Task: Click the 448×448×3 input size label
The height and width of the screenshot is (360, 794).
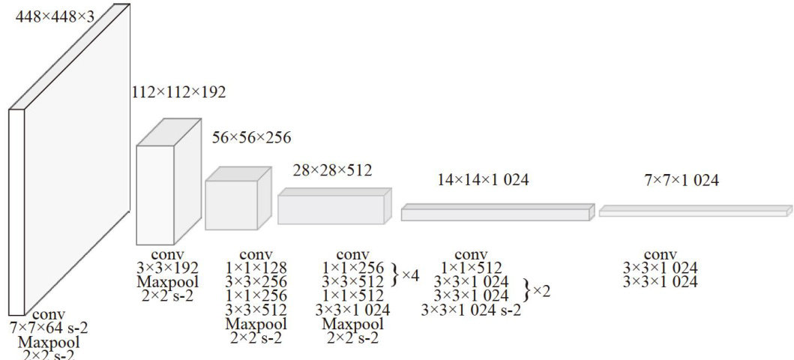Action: [55, 14]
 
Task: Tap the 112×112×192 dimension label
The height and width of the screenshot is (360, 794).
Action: [178, 92]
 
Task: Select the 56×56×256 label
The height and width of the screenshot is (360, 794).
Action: [251, 137]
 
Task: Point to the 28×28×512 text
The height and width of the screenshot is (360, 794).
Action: [332, 170]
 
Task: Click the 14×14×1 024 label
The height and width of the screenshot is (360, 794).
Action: [484, 180]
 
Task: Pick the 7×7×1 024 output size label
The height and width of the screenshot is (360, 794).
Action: [682, 180]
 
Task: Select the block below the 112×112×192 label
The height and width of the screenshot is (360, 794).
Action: [154, 195]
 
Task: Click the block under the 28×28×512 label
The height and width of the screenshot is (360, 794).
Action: [331, 209]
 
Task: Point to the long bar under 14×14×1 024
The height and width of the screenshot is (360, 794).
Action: [495, 214]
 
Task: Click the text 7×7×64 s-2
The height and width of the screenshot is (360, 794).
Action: [49, 328]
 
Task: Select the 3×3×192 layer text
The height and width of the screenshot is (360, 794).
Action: [167, 268]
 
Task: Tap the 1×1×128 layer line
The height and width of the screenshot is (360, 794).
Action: [256, 268]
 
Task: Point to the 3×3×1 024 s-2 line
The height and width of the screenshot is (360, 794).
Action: [471, 309]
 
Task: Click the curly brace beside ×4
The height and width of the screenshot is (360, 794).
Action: [395, 274]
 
